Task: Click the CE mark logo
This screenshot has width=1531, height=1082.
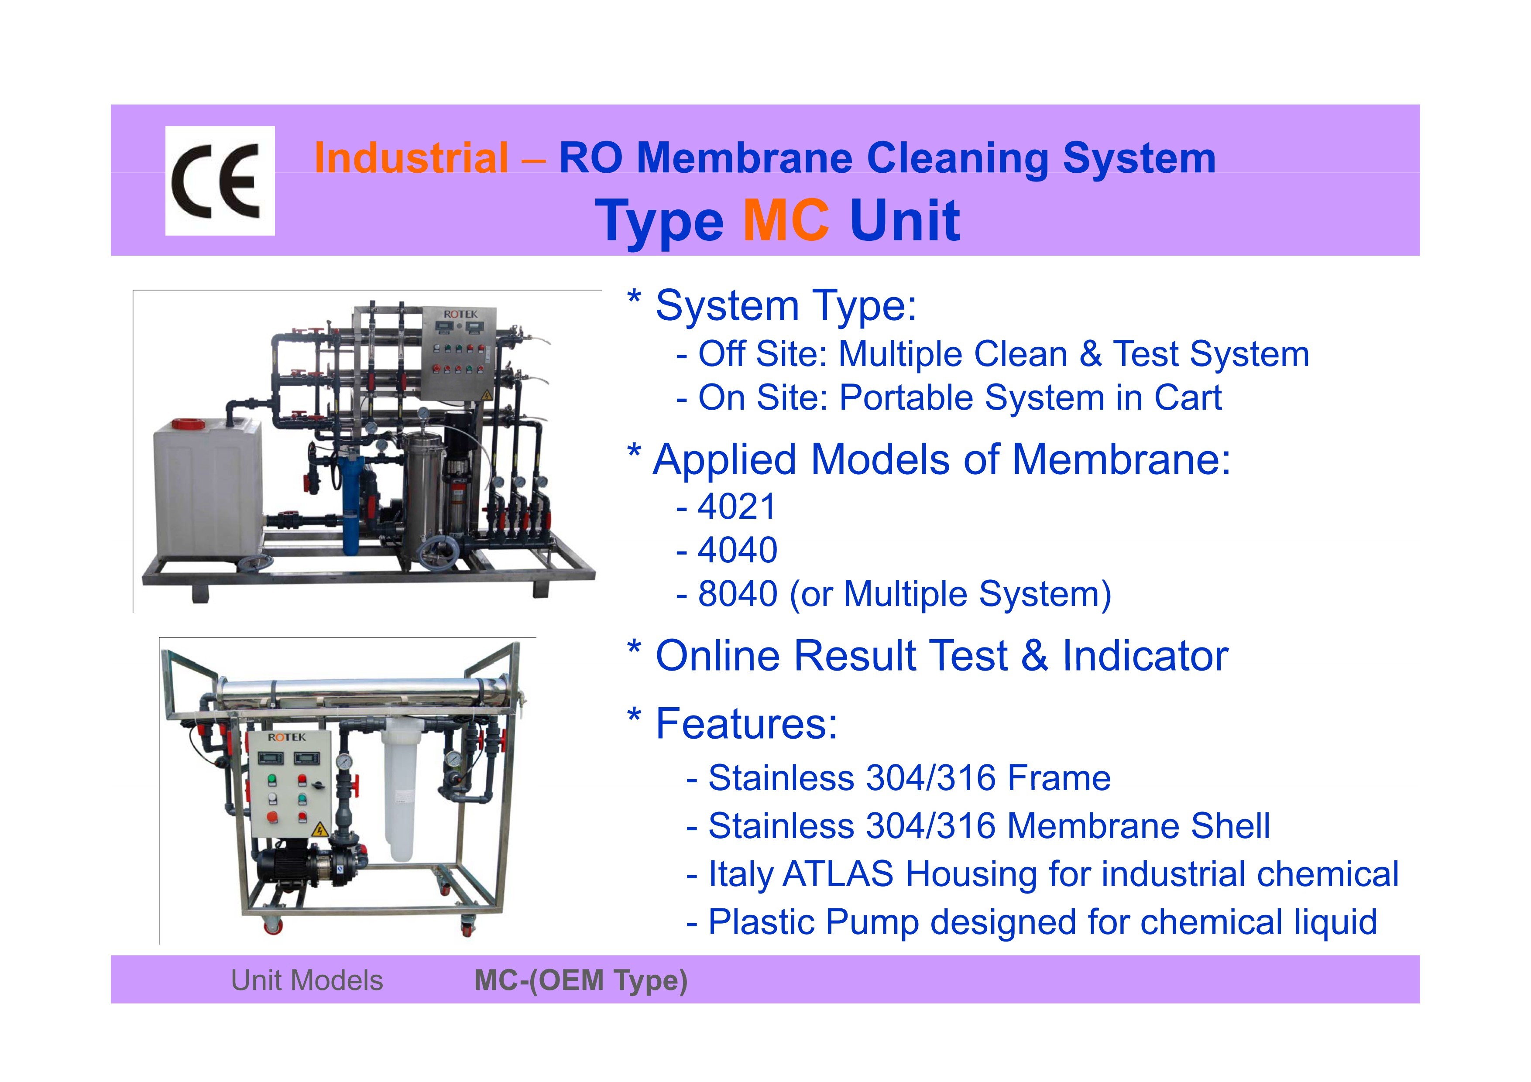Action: pos(220,181)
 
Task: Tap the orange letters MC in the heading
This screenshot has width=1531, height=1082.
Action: pos(786,220)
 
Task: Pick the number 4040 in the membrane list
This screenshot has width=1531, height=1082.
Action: pos(737,550)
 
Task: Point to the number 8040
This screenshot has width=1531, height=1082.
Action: pos(737,593)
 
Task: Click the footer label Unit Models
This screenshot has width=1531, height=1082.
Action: pos(307,981)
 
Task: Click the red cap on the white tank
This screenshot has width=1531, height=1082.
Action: pos(190,423)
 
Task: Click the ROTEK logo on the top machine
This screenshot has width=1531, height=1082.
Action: pos(461,313)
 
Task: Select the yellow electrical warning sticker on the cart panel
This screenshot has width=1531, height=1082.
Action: pos(319,830)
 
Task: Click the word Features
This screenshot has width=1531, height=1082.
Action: pos(746,723)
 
